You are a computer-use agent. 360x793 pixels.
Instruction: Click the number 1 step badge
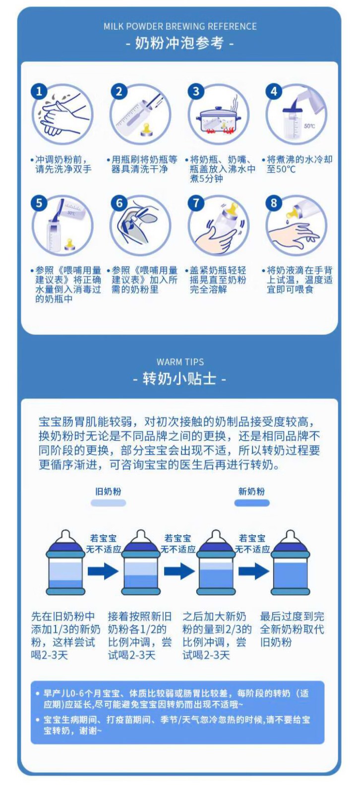click(39, 92)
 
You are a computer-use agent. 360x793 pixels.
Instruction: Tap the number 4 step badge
click(274, 92)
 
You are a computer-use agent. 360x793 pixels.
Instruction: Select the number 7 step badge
click(196, 203)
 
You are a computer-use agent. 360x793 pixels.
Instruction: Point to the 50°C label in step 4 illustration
click(309, 126)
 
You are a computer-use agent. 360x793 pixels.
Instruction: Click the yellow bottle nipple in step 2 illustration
click(146, 130)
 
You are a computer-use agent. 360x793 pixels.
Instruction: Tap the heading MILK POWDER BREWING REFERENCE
click(180, 27)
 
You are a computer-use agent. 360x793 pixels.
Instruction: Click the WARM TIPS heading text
click(180, 362)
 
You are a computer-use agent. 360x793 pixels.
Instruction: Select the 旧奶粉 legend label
click(108, 491)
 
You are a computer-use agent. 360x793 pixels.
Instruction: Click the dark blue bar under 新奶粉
click(252, 503)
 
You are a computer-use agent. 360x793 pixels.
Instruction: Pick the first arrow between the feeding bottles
click(103, 571)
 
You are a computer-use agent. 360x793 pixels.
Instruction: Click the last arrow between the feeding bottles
click(254, 571)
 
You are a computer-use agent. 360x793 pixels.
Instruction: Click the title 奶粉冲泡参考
click(180, 44)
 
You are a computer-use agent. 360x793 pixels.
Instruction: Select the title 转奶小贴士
click(180, 379)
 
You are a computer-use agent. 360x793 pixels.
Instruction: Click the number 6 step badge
click(119, 203)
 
